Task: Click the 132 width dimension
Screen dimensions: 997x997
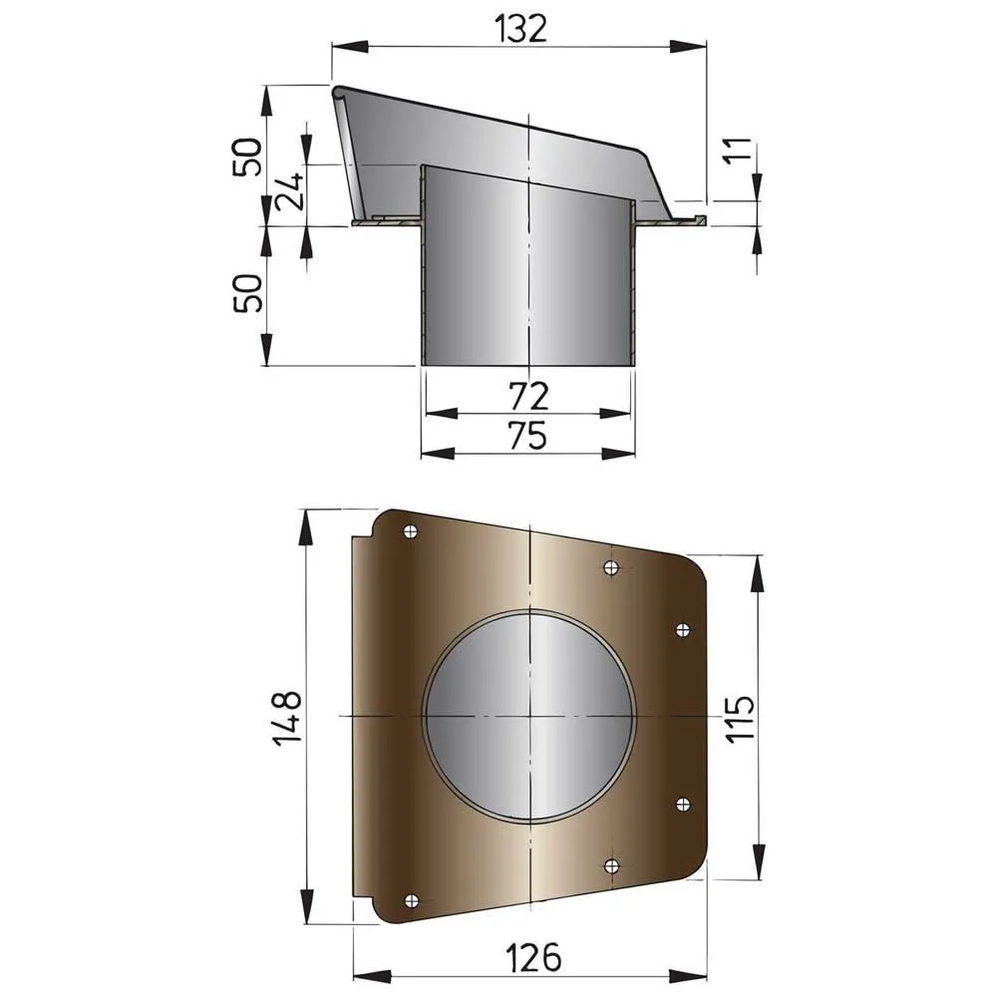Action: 520,29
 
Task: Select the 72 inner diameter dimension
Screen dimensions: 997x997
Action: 529,396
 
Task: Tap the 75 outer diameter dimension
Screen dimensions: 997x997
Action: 528,436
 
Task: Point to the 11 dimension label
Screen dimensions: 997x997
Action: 738,152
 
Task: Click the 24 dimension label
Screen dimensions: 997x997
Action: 290,192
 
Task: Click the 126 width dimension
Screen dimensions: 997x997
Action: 532,957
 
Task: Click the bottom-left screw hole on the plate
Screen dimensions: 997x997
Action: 412,900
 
